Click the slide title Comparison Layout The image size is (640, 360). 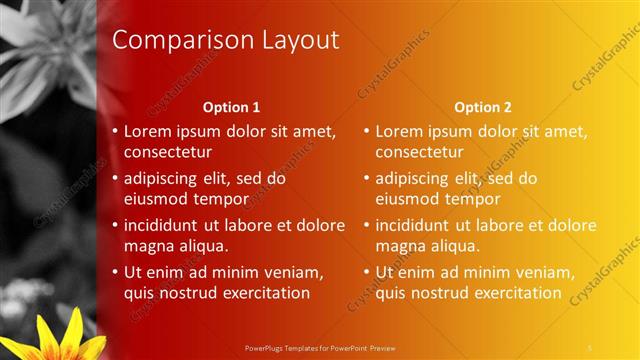225,40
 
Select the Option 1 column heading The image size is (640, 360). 231,107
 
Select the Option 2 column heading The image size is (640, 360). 482,107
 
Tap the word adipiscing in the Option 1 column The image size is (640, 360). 164,178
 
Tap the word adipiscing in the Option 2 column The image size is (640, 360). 416,178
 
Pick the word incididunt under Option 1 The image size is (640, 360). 166,225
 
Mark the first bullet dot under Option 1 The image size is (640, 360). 115,131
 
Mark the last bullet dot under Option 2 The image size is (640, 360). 367,272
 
